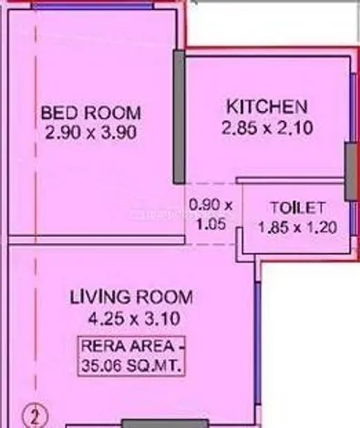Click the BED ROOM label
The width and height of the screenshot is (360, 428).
(x=91, y=113)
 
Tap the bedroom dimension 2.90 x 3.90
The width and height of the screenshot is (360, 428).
(x=91, y=133)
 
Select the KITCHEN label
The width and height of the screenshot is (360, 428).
(x=267, y=107)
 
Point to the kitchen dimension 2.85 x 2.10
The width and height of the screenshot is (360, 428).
(x=267, y=127)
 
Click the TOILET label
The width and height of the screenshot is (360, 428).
(x=297, y=209)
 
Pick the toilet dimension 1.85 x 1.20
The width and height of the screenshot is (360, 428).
(x=297, y=228)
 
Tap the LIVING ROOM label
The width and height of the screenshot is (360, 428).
(x=131, y=297)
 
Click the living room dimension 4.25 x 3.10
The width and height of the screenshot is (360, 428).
(x=134, y=319)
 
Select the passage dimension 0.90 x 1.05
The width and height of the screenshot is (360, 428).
(x=211, y=215)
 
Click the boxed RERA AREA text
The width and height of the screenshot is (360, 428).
(x=131, y=346)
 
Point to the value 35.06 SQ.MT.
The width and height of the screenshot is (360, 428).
(x=131, y=366)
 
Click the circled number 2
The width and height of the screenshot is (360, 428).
(x=36, y=418)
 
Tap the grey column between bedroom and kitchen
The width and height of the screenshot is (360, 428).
(x=180, y=117)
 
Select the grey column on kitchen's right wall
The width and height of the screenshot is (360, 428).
(x=351, y=172)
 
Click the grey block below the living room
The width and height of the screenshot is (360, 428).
(x=166, y=423)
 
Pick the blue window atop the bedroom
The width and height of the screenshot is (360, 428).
(x=93, y=6)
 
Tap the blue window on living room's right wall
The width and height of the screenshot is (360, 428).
(x=257, y=343)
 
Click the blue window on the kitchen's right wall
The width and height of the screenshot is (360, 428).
(x=353, y=108)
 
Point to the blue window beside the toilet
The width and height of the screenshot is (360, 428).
(x=353, y=218)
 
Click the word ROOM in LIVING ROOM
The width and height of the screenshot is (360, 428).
(x=164, y=297)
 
